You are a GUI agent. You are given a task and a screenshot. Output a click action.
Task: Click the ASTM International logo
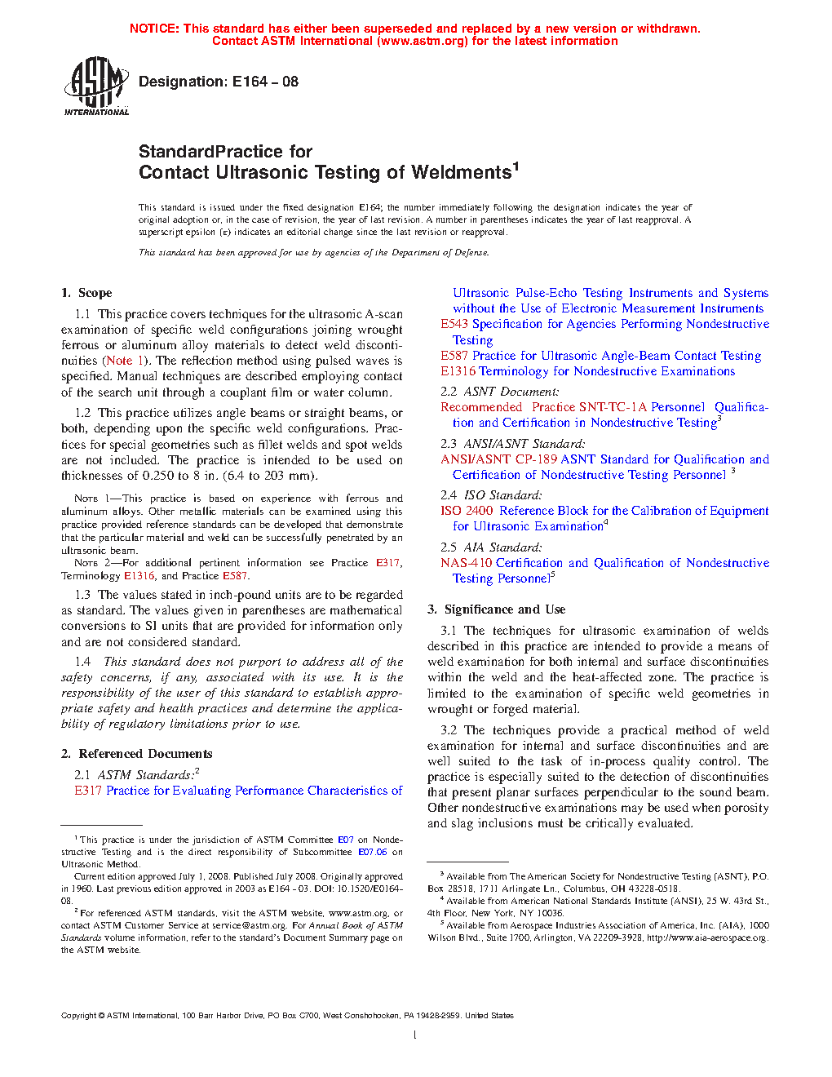tap(96, 86)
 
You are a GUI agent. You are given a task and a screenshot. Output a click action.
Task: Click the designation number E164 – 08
tap(265, 82)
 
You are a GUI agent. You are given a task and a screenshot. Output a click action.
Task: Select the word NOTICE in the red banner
tap(153, 29)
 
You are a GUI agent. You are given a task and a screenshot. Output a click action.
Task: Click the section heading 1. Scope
tap(86, 293)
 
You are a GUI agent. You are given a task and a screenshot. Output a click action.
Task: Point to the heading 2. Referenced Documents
tap(136, 754)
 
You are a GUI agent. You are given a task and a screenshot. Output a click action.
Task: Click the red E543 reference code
tap(454, 324)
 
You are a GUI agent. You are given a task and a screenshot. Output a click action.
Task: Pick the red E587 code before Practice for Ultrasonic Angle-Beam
tap(454, 356)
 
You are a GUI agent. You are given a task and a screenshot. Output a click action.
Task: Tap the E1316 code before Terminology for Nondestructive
tap(458, 371)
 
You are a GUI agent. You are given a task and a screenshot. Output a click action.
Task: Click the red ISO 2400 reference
tap(467, 511)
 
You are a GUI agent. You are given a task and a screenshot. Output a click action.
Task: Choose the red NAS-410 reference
tap(466, 563)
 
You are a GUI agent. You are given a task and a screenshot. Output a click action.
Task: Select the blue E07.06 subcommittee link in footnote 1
tap(373, 852)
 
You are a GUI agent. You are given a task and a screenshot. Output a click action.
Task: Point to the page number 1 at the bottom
tap(415, 1035)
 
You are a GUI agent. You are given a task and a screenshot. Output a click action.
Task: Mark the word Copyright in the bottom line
tap(78, 1016)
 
